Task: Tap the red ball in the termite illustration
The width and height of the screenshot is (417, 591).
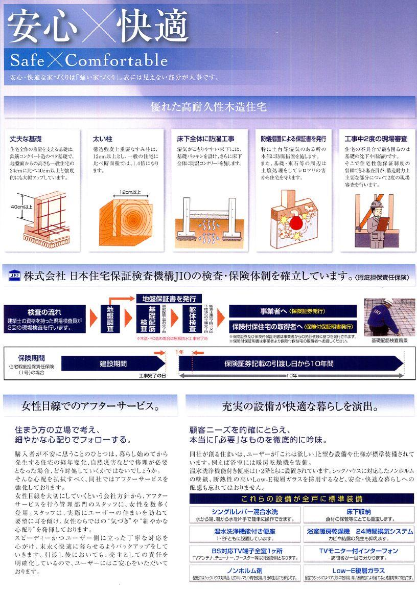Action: [x=295, y=223]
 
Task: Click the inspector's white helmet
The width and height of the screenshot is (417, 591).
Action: [x=377, y=203]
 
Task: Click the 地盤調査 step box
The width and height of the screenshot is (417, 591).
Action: [x=110, y=320]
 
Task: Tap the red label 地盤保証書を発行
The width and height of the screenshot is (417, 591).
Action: [x=168, y=298]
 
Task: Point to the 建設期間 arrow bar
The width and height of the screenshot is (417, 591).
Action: [x=113, y=364]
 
